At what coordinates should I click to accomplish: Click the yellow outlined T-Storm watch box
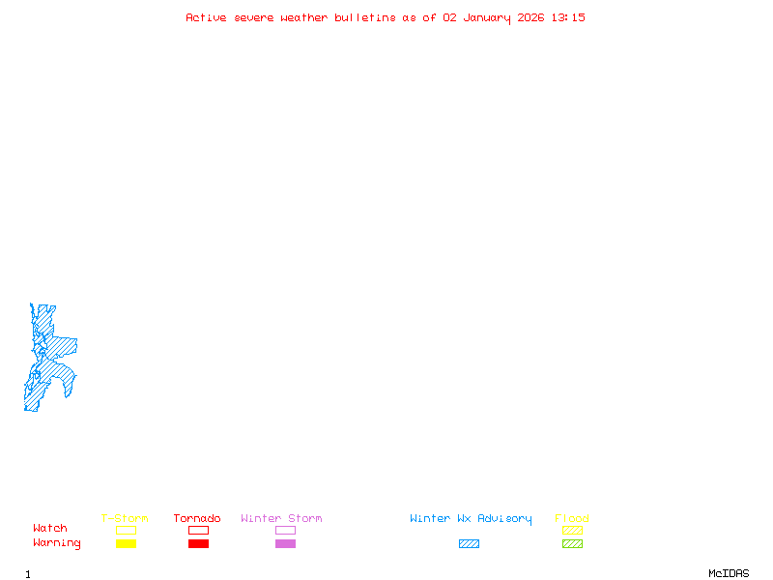tap(126, 530)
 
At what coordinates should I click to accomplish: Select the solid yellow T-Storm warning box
tap(126, 543)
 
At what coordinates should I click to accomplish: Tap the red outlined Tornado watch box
tap(198, 530)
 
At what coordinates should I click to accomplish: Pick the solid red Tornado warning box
tap(198, 543)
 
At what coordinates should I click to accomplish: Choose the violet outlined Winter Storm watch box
tap(285, 530)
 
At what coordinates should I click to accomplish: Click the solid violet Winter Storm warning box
tap(285, 543)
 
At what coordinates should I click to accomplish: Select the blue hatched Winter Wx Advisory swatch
tap(469, 543)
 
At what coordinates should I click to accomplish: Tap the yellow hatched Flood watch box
tap(572, 530)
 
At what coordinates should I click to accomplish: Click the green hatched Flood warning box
tap(572, 543)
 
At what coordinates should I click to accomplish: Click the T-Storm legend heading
tap(125, 518)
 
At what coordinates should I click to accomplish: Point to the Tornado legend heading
tap(197, 518)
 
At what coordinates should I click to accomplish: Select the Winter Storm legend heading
tap(281, 518)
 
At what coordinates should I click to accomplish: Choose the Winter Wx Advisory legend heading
tap(471, 518)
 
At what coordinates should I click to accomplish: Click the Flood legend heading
tap(572, 518)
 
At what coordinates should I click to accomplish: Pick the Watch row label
tap(50, 529)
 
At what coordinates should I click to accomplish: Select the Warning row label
tap(57, 543)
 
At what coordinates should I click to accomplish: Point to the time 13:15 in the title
tap(568, 17)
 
